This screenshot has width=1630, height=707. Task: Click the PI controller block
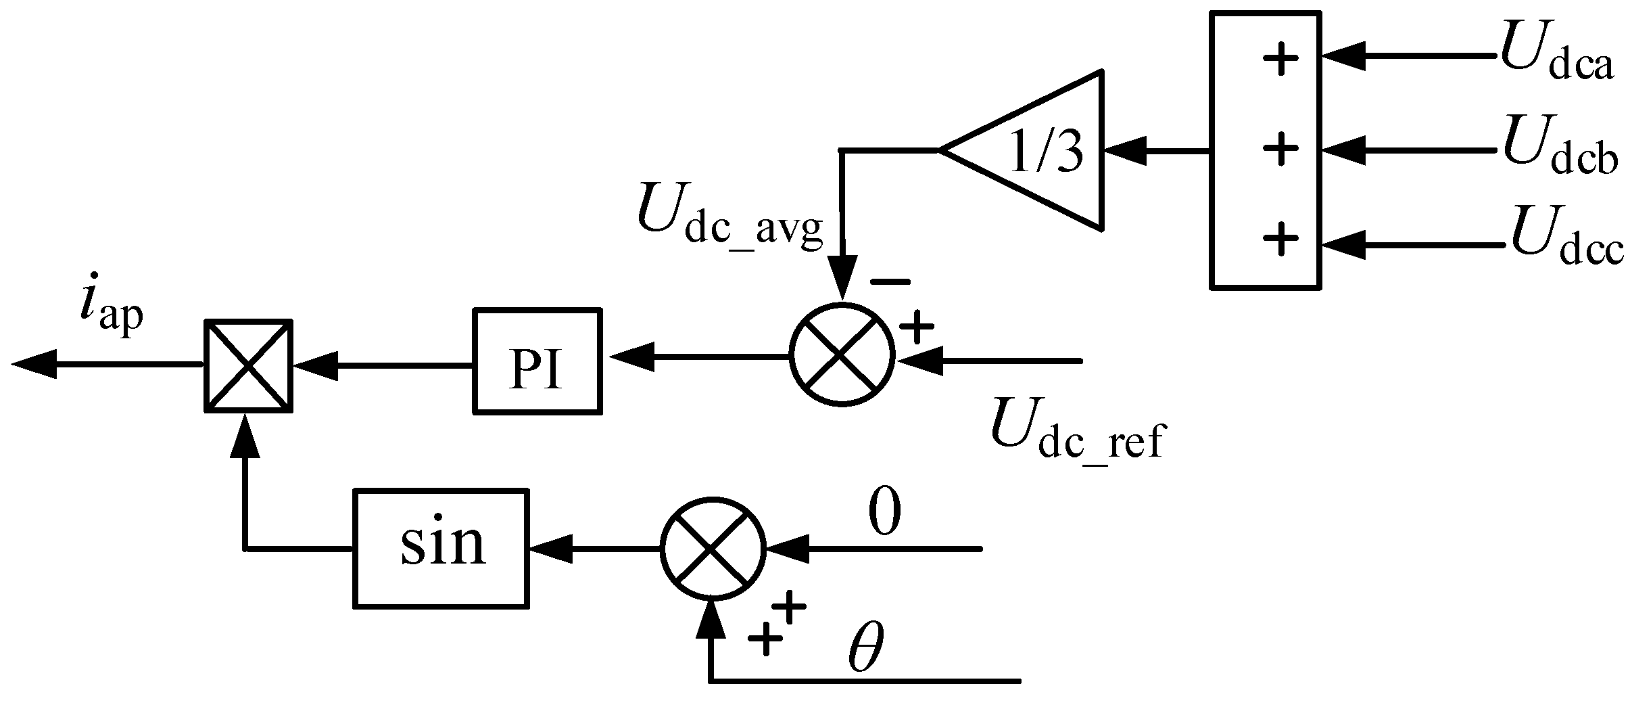point(537,361)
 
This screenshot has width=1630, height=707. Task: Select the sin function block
point(440,548)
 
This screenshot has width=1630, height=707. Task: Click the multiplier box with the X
point(249,365)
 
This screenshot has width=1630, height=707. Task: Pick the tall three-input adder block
point(1265,150)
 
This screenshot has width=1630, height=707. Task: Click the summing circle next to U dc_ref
point(842,355)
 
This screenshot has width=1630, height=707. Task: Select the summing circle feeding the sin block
point(713,549)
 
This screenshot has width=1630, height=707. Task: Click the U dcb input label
point(1559,152)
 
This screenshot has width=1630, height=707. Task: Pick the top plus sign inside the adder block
point(1280,58)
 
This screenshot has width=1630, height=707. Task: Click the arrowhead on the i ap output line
point(34,365)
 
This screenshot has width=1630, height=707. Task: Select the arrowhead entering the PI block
point(632,357)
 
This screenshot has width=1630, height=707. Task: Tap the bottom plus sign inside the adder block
point(1280,240)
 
